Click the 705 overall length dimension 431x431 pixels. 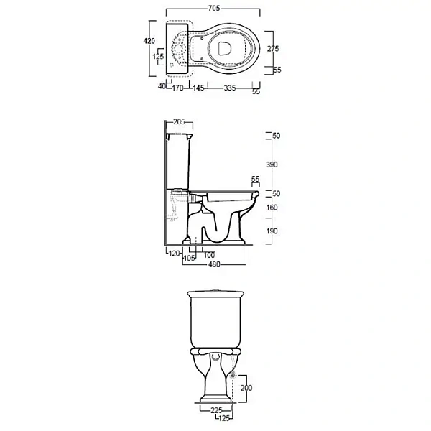point(214,9)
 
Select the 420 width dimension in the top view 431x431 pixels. point(149,41)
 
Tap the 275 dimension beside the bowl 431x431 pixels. point(273,49)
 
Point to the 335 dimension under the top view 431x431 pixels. point(230,88)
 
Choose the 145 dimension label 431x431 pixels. point(198,88)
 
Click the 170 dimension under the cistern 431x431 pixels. point(177,88)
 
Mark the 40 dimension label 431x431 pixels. point(162,86)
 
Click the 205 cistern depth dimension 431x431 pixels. point(179,122)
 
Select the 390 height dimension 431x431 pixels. point(272,164)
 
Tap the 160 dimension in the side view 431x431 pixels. point(272,208)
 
